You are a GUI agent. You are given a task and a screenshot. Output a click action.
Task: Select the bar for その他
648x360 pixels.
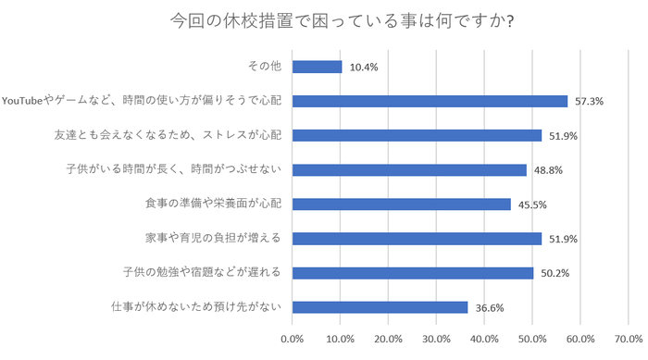(x=317, y=67)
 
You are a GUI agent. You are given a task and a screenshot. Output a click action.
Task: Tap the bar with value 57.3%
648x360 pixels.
(x=430, y=101)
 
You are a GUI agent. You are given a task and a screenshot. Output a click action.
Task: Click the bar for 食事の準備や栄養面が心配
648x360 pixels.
(x=401, y=204)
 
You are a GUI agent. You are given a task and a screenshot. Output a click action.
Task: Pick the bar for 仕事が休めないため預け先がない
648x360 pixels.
(x=380, y=306)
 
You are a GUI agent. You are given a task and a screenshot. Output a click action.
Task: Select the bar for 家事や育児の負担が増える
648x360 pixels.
(x=417, y=238)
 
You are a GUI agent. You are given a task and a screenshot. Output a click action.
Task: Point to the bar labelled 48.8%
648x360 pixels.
(x=409, y=169)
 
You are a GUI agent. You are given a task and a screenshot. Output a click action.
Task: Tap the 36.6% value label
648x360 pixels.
(x=490, y=306)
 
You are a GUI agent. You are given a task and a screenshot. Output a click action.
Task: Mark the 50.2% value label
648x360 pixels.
(x=555, y=272)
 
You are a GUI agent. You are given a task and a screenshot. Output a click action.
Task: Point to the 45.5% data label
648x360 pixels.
(x=532, y=204)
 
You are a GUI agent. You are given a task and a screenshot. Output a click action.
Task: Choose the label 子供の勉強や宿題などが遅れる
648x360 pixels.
(x=202, y=272)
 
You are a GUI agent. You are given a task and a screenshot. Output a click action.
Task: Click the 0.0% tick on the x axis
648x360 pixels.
(x=292, y=339)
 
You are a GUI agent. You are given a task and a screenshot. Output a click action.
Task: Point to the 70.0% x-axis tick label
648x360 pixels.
(x=629, y=339)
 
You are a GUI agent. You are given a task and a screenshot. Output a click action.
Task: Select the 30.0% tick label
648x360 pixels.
(x=436, y=339)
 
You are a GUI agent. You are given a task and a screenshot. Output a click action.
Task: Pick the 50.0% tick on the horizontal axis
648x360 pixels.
(x=532, y=339)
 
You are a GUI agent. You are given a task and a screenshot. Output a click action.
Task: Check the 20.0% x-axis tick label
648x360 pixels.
(x=388, y=339)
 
